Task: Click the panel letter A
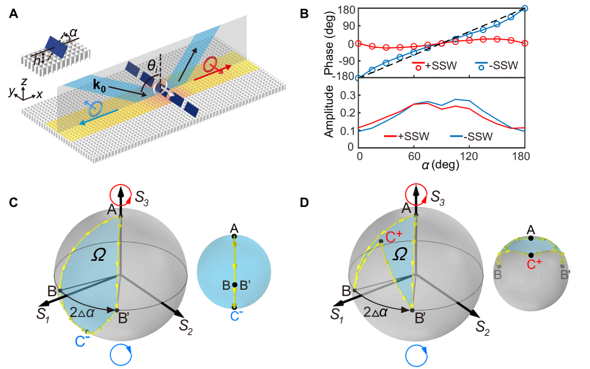pos(13,14)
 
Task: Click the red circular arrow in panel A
pos(210,65)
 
